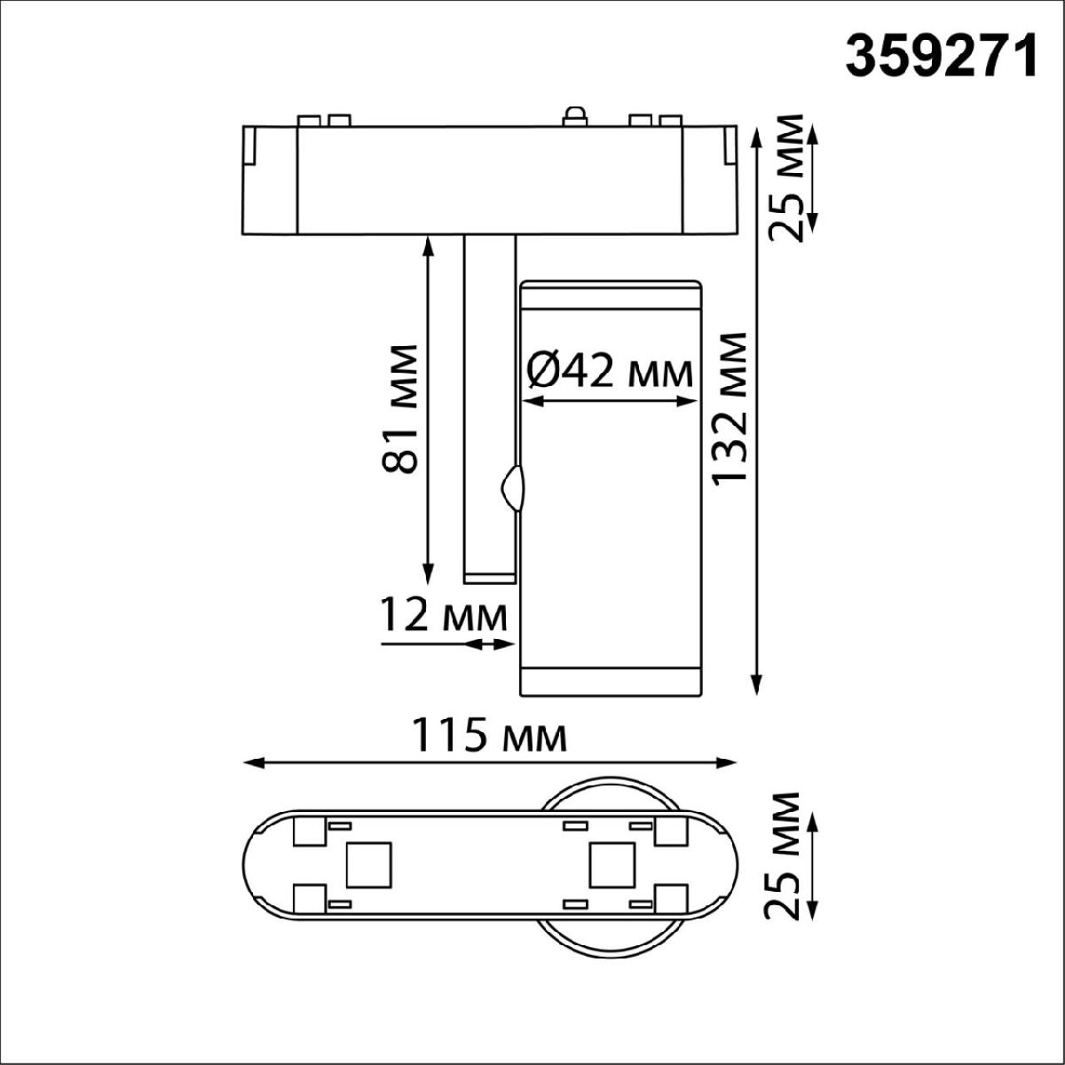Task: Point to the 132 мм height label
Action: click(x=730, y=409)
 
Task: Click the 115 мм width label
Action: click(x=489, y=736)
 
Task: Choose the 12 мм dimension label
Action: click(x=444, y=615)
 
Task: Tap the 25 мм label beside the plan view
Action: click(x=786, y=856)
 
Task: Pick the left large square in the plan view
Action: click(x=368, y=863)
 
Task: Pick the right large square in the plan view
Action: click(x=611, y=863)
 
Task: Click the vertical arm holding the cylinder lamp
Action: click(x=488, y=408)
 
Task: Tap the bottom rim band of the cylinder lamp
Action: click(x=611, y=681)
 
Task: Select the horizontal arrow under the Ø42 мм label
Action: click(x=609, y=402)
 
